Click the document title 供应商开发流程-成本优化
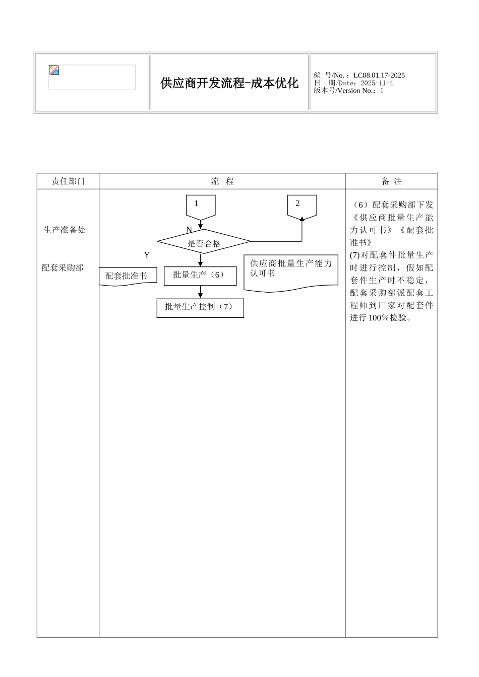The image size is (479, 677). coord(229,83)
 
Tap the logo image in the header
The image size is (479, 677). coord(54,71)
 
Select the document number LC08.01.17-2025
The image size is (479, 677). coord(379,76)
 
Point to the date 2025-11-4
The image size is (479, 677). coord(374,83)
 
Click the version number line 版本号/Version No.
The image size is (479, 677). coord(348,91)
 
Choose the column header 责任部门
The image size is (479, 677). coord(68,181)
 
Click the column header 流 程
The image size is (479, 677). coord(222,181)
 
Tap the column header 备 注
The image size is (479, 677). coord(392,181)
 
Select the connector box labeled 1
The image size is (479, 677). coord(201,206)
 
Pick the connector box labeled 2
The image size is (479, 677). coord(302,205)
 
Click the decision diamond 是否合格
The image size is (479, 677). coord(204,243)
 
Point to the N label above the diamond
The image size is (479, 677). coord(189,230)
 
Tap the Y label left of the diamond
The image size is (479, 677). coord(147,255)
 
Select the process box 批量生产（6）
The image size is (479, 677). coord(200,275)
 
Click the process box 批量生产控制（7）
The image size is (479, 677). coord(200,307)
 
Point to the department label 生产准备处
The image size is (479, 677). coord(65,230)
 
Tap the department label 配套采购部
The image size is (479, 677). coord(63,267)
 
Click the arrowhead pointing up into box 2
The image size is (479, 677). coord(302,219)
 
